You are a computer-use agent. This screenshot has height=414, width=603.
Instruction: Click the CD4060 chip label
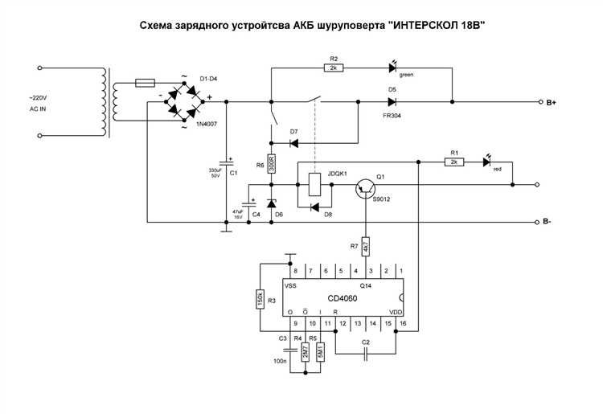(x=342, y=298)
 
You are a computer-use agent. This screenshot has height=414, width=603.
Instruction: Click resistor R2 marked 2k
(x=333, y=68)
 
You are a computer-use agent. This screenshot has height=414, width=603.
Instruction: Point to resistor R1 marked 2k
(x=454, y=162)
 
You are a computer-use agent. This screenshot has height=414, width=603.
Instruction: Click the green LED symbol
(x=393, y=68)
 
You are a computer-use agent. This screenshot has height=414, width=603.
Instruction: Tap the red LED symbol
(x=487, y=162)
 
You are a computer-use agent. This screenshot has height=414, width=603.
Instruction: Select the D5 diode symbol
(x=392, y=102)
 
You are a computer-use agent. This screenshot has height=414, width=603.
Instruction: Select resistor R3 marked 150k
(x=260, y=298)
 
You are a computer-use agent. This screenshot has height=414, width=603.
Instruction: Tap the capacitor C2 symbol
(x=366, y=354)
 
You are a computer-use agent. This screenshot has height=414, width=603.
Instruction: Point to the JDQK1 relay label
(x=336, y=174)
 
